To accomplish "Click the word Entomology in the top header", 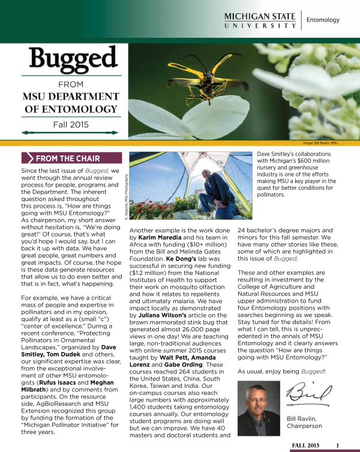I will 323,20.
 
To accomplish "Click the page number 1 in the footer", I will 338,445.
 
